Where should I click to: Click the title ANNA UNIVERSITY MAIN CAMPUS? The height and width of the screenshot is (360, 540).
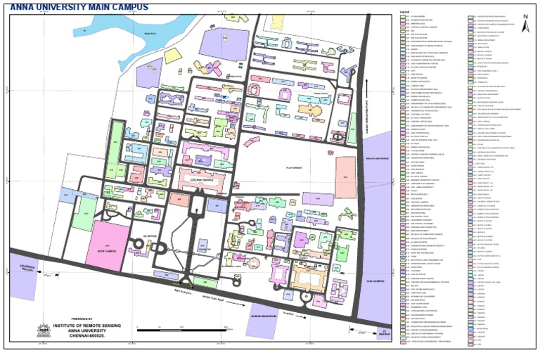(79, 7)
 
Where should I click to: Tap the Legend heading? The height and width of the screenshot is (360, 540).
(404, 12)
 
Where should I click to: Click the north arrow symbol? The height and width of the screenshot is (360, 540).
(525, 24)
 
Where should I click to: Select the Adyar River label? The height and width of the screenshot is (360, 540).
(149, 33)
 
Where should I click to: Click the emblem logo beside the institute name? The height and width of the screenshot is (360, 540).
(44, 329)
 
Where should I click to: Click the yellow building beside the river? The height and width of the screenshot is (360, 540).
(172, 56)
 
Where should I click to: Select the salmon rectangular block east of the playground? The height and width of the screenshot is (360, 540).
(345, 177)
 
